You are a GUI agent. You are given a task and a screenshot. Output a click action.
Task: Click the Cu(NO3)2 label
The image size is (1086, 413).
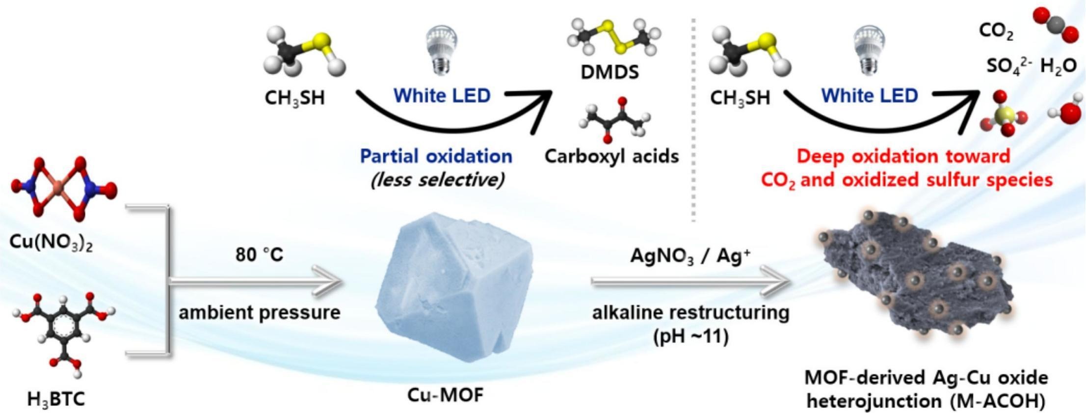52,242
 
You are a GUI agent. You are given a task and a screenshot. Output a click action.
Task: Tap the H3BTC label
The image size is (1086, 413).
56,398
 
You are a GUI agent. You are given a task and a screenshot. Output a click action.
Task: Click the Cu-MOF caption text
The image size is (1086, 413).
445,394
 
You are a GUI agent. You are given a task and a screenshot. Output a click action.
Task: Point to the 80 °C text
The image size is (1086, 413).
259,254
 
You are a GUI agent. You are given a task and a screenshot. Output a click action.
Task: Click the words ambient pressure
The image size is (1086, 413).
259,312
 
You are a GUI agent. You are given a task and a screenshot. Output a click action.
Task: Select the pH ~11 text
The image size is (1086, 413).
690,337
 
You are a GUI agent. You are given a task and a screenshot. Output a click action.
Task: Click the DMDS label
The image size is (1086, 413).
610,72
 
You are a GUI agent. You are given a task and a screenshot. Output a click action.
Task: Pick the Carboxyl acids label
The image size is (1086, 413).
612,156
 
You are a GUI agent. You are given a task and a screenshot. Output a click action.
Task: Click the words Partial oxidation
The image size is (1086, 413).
436,156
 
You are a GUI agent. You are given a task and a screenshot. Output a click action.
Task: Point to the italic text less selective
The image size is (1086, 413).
437,180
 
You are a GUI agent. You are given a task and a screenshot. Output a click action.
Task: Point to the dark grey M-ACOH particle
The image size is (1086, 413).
910,274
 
